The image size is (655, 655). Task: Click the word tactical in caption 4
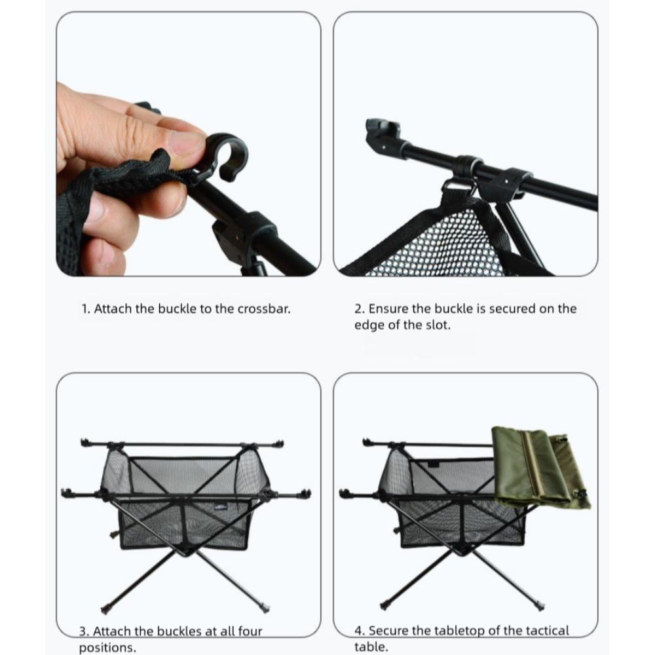(546, 631)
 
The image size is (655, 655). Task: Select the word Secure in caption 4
(389, 631)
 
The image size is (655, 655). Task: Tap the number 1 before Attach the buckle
(84, 308)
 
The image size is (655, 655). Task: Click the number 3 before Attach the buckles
(83, 631)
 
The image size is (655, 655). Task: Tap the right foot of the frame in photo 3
(264, 608)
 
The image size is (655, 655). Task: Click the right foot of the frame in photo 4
(540, 608)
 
